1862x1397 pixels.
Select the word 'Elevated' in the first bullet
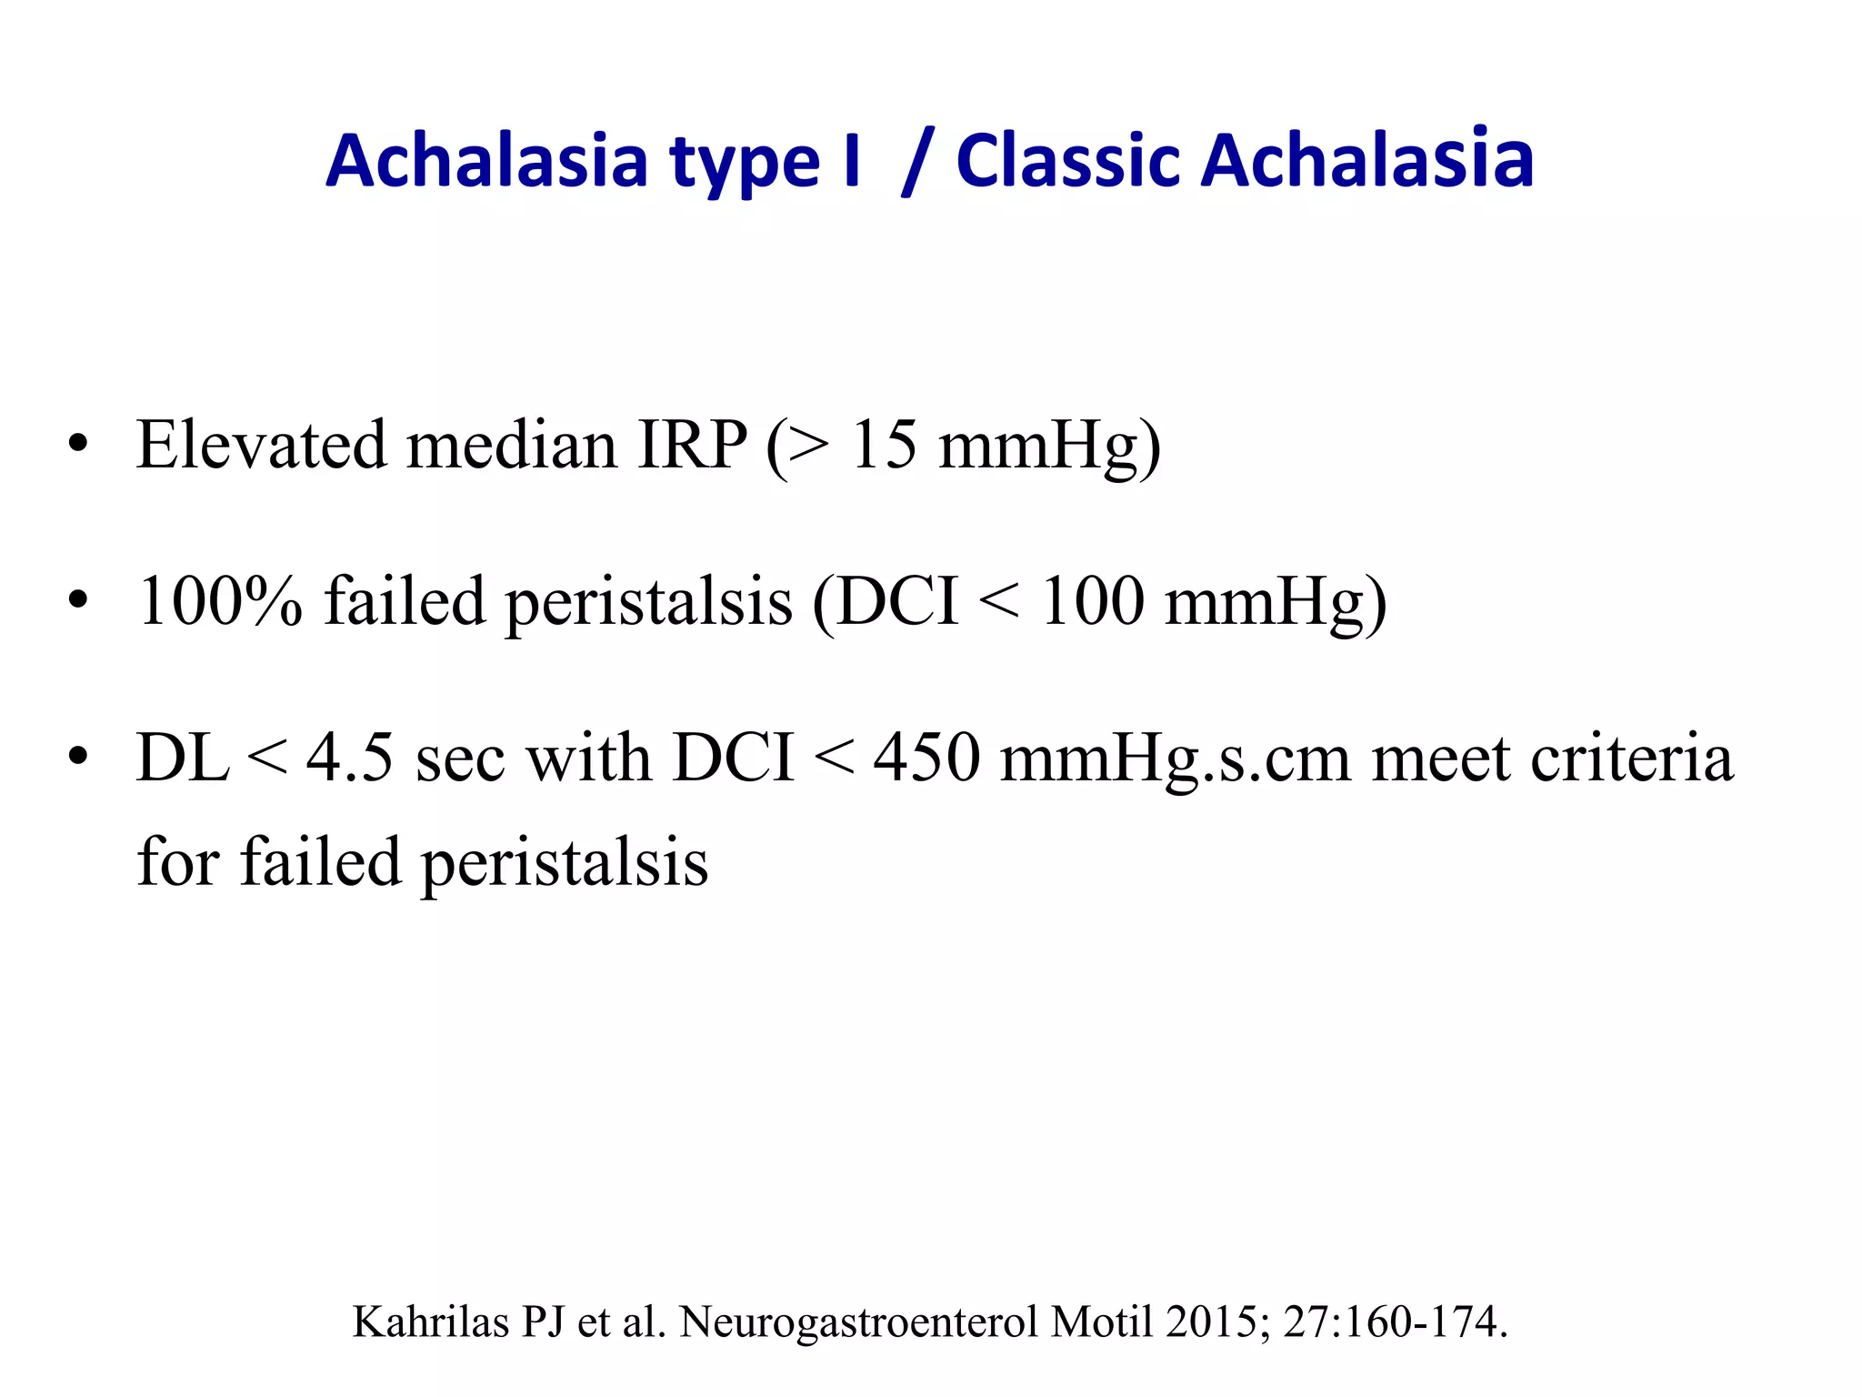(x=261, y=445)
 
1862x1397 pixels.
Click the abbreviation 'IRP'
(x=692, y=445)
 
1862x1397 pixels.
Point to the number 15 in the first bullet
(x=883, y=445)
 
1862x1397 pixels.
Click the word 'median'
(x=512, y=445)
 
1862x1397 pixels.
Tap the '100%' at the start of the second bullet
(x=219, y=601)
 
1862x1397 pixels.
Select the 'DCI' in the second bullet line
(x=896, y=601)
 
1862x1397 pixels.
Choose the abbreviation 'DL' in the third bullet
(x=182, y=757)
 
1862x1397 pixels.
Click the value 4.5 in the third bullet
(x=350, y=757)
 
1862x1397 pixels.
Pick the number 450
(x=926, y=757)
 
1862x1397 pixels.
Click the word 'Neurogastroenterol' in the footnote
(x=860, y=1322)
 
